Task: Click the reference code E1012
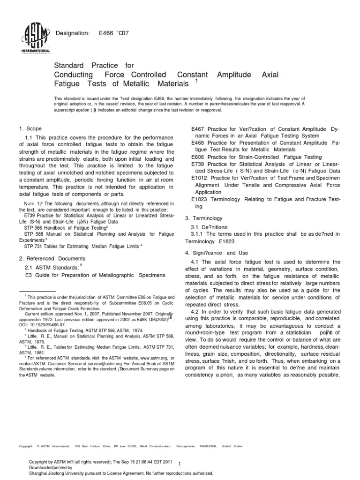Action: (200, 178)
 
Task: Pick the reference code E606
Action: (198, 157)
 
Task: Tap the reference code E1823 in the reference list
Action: (200, 199)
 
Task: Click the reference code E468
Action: (198, 142)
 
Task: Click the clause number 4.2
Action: (196, 312)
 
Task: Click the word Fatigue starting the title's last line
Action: (68, 84)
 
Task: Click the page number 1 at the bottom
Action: (187, 465)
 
